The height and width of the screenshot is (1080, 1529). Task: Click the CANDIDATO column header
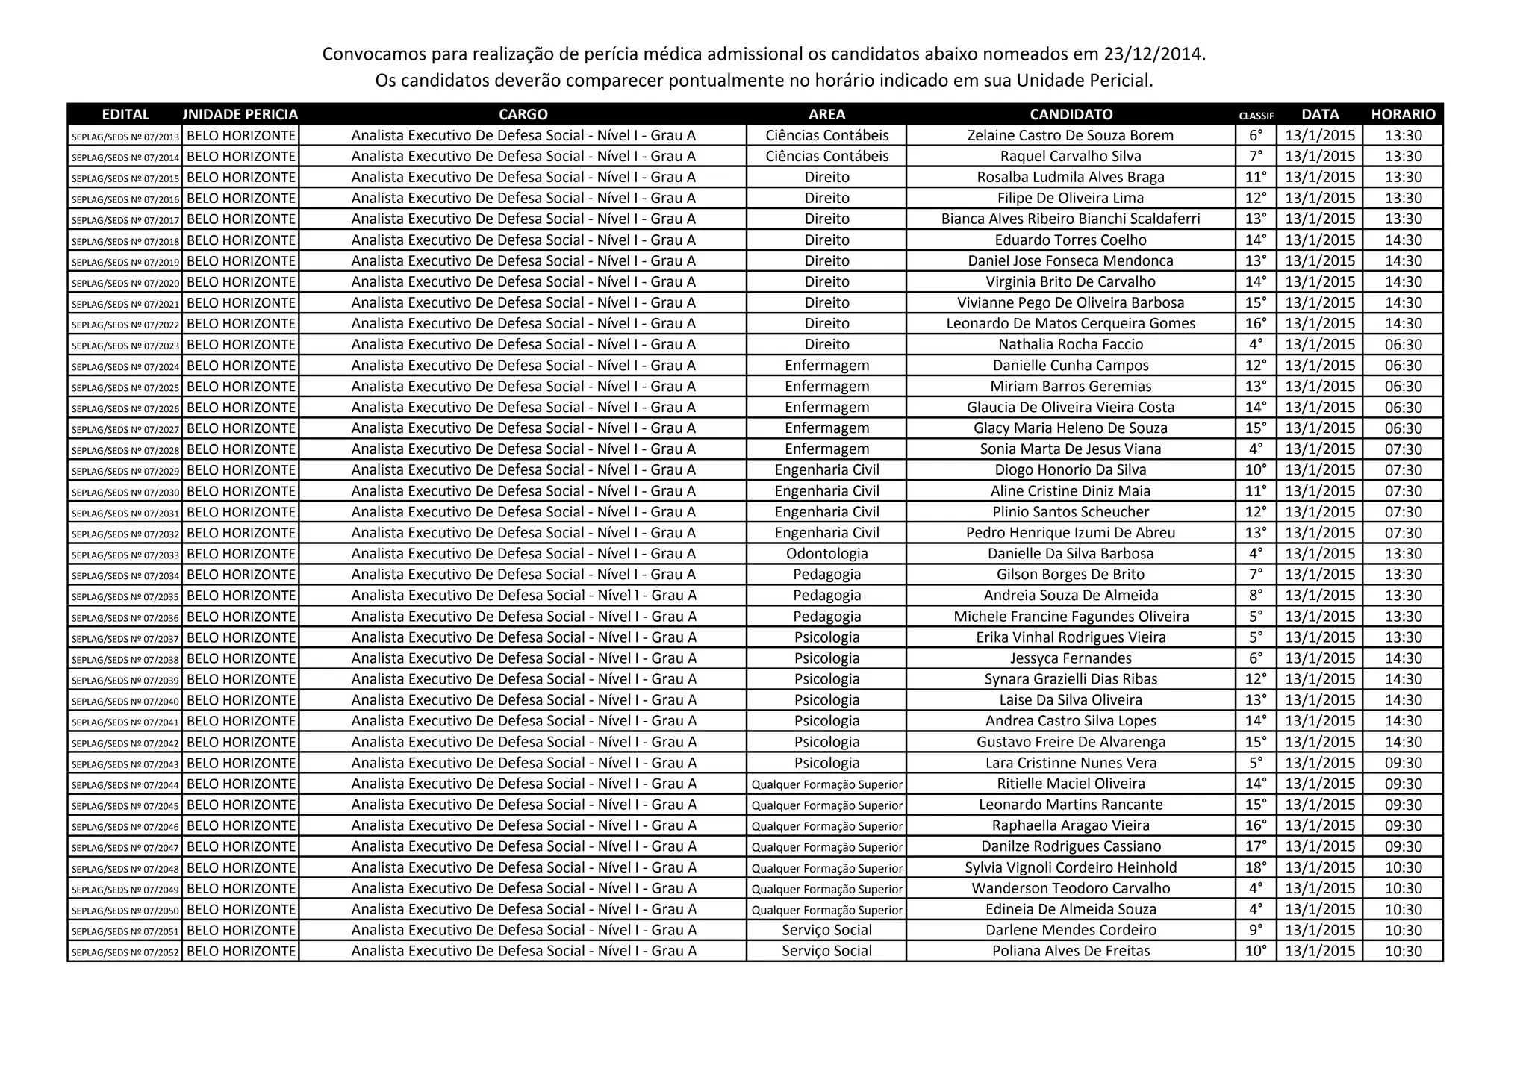tap(1071, 114)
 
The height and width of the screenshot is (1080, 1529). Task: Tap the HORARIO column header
tap(1403, 114)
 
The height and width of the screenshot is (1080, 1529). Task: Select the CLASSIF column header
tap(1256, 116)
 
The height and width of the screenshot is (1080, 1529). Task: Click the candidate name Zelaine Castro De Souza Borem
tap(1070, 135)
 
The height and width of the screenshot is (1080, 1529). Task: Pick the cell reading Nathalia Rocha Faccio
tap(1070, 344)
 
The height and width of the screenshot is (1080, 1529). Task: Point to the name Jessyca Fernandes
tap(1070, 658)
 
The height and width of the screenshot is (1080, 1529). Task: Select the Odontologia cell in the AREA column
tap(826, 554)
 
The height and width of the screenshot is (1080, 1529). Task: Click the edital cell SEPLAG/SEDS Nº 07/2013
tap(125, 137)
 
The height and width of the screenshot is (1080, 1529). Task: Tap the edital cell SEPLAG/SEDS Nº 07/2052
tap(125, 952)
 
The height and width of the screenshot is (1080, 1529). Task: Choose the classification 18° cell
tap(1256, 867)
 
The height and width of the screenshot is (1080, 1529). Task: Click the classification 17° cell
tap(1256, 846)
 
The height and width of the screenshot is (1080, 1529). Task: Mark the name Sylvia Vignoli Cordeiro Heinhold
tap(1070, 867)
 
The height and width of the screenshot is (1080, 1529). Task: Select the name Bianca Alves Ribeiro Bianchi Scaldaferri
tap(1070, 219)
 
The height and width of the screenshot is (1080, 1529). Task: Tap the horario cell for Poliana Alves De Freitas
tap(1403, 951)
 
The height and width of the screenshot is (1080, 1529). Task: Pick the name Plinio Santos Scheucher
tap(1070, 512)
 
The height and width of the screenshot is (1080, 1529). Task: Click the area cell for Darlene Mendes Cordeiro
tap(826, 930)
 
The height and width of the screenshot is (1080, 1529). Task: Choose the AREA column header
tap(826, 114)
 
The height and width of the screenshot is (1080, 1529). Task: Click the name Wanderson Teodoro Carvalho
tap(1070, 888)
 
